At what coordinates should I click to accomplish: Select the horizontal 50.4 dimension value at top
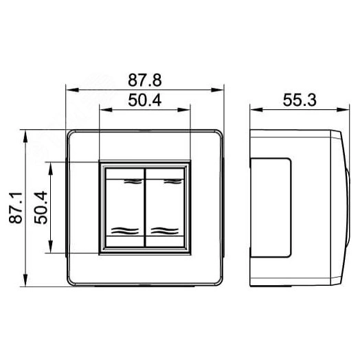145,100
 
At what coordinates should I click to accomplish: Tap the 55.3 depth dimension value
299,100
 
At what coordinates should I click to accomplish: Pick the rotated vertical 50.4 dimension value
41,207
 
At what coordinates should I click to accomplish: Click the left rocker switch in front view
124,207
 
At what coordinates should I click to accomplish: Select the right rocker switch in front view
166,207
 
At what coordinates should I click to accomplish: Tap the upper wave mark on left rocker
126,181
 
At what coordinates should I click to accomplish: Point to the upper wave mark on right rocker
166,181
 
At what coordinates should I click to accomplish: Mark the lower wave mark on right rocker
165,229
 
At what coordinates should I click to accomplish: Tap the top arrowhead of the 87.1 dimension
26,133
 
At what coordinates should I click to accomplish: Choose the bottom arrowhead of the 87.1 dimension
26,282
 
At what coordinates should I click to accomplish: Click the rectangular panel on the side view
271,207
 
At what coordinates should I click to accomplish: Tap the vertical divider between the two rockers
145,207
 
